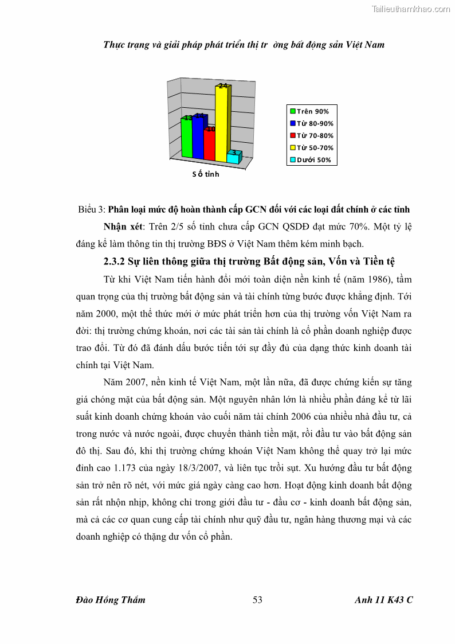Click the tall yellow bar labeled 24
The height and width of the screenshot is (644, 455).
(222, 123)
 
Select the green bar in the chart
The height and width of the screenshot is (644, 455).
(187, 138)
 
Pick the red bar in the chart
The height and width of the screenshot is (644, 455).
(209, 145)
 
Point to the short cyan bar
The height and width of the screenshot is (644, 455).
(233, 158)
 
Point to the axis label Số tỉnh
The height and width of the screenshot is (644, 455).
(206, 174)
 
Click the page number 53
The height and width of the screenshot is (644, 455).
(257, 600)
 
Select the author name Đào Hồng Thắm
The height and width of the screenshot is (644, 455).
(111, 600)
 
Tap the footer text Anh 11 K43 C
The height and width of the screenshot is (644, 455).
(383, 600)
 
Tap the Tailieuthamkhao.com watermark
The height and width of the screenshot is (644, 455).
(411, 9)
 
